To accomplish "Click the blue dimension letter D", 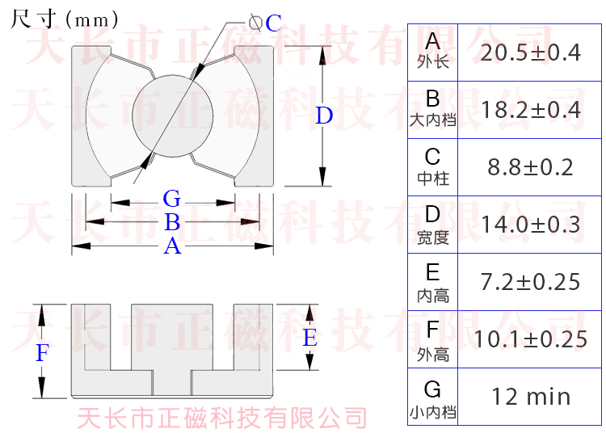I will (324, 116).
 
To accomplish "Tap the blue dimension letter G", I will (171, 199).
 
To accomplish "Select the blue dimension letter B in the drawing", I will (171, 222).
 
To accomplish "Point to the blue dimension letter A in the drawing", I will (171, 246).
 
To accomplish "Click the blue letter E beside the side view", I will (309, 338).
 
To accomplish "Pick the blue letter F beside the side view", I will (43, 352).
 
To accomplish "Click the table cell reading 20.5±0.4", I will (530, 53).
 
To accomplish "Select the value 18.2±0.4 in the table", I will (530, 110).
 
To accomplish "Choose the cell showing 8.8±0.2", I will (530, 167).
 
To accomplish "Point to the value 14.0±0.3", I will (530, 225).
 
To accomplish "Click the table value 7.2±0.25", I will (530, 282).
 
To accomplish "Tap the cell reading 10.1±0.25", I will (530, 339).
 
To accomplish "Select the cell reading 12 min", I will (530, 397).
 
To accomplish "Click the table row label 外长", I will (432, 62).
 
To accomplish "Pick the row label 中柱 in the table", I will (432, 177).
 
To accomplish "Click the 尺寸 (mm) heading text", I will (65, 19).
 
